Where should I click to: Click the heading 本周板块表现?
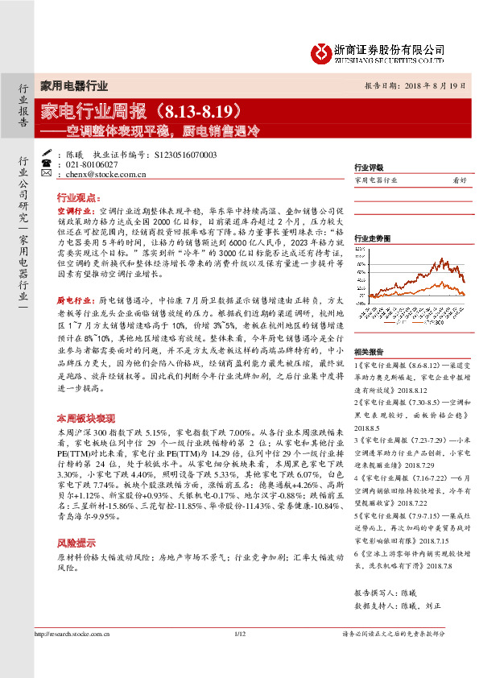pos(84,420)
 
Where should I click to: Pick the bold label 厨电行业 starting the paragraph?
pos(72,296)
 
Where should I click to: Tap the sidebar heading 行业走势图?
pos(372,239)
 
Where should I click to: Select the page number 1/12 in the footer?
pos(239,634)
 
